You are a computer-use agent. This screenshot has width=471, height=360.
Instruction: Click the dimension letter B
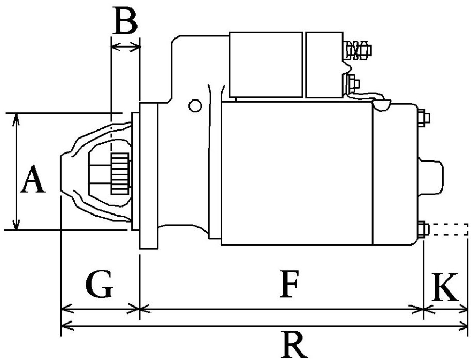(x=125, y=22)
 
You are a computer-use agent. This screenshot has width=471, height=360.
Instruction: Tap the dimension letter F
(x=289, y=285)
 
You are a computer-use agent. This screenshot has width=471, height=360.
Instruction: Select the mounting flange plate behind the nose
(x=149, y=176)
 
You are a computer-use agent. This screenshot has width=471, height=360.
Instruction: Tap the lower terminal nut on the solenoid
(x=354, y=83)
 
